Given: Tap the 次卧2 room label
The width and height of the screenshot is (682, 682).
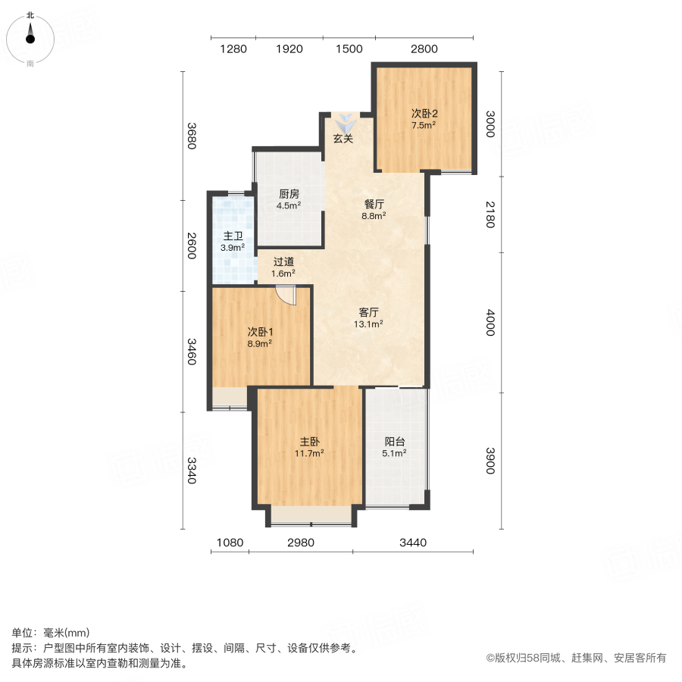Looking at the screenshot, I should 424,114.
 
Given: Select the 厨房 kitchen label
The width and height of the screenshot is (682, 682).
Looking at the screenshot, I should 288,193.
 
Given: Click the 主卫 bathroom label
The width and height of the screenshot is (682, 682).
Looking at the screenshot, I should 232,236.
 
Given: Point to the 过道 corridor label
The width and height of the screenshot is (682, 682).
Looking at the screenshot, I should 284,261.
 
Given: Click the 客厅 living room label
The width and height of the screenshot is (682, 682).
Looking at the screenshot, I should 369,311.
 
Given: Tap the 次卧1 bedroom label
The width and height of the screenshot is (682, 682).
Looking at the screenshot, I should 259,331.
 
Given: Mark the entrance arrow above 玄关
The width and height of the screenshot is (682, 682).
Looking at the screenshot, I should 345,122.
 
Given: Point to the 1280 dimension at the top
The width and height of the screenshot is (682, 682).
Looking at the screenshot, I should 233,49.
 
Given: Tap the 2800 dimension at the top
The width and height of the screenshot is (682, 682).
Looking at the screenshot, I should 424,49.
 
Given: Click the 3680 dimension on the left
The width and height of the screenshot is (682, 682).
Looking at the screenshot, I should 192,136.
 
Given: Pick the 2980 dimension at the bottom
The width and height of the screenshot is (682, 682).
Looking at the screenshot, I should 301,543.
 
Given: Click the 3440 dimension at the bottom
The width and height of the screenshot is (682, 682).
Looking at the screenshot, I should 413,543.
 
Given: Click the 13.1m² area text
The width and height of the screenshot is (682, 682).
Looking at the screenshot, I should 370,324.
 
